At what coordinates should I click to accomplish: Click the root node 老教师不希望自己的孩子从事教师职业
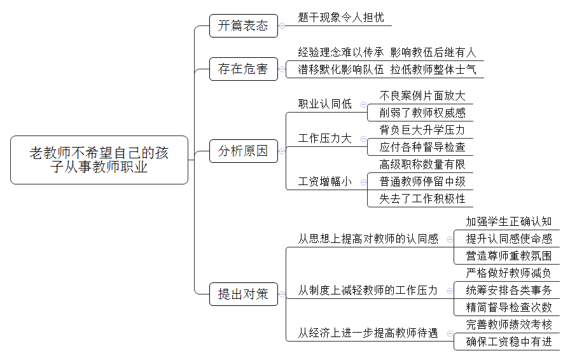click(x=99, y=160)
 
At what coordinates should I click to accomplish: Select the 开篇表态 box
click(x=244, y=26)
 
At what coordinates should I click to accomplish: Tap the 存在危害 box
click(x=244, y=69)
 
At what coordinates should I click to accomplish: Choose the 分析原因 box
click(x=244, y=151)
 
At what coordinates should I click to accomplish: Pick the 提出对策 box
click(x=244, y=294)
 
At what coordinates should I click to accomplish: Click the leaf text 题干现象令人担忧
click(x=340, y=17)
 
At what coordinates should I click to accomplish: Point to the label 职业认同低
click(x=325, y=104)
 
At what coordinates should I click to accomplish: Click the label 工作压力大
click(x=325, y=138)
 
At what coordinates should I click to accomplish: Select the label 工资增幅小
click(x=325, y=181)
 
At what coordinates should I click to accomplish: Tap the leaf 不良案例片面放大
click(x=422, y=95)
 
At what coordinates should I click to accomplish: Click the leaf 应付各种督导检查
click(x=422, y=147)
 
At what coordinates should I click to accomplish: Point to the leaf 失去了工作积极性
click(x=422, y=198)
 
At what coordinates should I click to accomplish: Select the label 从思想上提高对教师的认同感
click(x=368, y=239)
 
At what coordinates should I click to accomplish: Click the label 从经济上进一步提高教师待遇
click(x=368, y=333)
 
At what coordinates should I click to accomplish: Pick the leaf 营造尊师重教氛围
click(x=509, y=256)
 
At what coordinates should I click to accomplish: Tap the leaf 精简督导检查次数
click(x=509, y=308)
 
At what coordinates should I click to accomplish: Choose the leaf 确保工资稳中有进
click(x=509, y=342)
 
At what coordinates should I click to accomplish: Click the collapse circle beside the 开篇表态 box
click(x=282, y=26)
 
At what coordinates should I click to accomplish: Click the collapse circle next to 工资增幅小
click(x=363, y=182)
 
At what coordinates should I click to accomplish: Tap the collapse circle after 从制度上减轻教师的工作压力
click(x=450, y=291)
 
